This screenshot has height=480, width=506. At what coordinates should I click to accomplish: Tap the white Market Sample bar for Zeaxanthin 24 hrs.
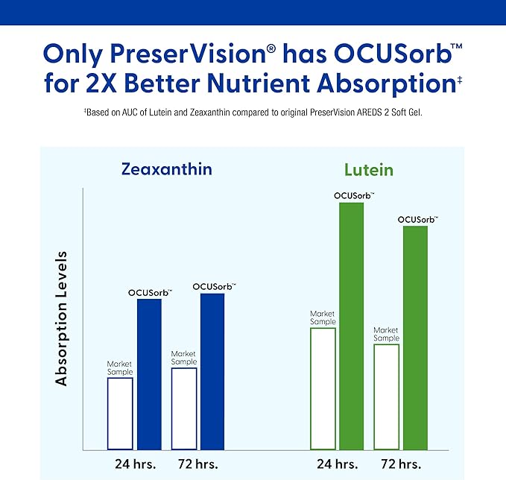[120, 414]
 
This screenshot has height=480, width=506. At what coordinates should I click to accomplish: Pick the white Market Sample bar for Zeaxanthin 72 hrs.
[184, 409]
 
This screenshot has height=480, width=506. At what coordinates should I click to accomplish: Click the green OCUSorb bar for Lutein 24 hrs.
[351, 326]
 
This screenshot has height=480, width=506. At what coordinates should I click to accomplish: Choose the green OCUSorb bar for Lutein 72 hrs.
[415, 338]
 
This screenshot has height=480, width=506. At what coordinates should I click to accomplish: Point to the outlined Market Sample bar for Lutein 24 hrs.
[323, 388]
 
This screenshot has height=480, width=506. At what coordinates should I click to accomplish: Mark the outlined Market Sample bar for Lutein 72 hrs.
[386, 397]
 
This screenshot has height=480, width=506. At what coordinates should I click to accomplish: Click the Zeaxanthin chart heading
[167, 169]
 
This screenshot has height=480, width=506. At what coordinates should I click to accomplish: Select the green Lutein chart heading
[368, 171]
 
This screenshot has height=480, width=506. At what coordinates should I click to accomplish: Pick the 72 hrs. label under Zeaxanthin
[197, 464]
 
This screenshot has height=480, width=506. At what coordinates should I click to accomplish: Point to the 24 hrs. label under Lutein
[337, 464]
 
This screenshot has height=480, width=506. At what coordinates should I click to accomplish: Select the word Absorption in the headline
[376, 83]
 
